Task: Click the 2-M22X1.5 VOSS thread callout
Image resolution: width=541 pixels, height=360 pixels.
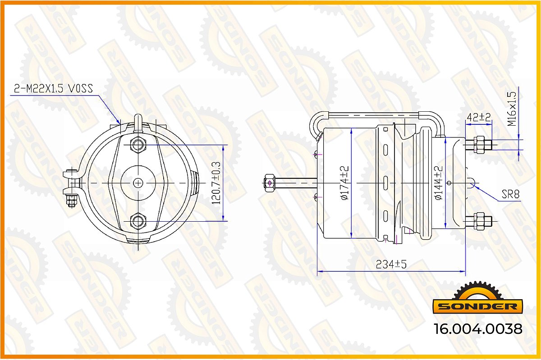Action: tap(53, 89)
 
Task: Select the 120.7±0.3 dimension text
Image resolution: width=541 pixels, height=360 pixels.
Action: tap(216, 183)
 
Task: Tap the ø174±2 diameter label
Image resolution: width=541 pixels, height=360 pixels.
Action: tap(344, 183)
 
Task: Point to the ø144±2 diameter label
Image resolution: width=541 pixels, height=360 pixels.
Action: tap(439, 183)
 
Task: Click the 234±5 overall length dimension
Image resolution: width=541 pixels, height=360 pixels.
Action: tap(391, 264)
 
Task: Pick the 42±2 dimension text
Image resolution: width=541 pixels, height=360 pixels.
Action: tap(479, 118)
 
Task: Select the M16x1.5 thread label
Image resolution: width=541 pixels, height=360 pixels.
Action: tap(512, 109)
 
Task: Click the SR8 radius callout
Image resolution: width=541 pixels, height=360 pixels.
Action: tap(510, 194)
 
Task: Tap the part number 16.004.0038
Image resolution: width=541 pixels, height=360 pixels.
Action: tap(478, 329)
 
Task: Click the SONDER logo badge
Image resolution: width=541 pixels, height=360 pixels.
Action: tap(477, 298)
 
